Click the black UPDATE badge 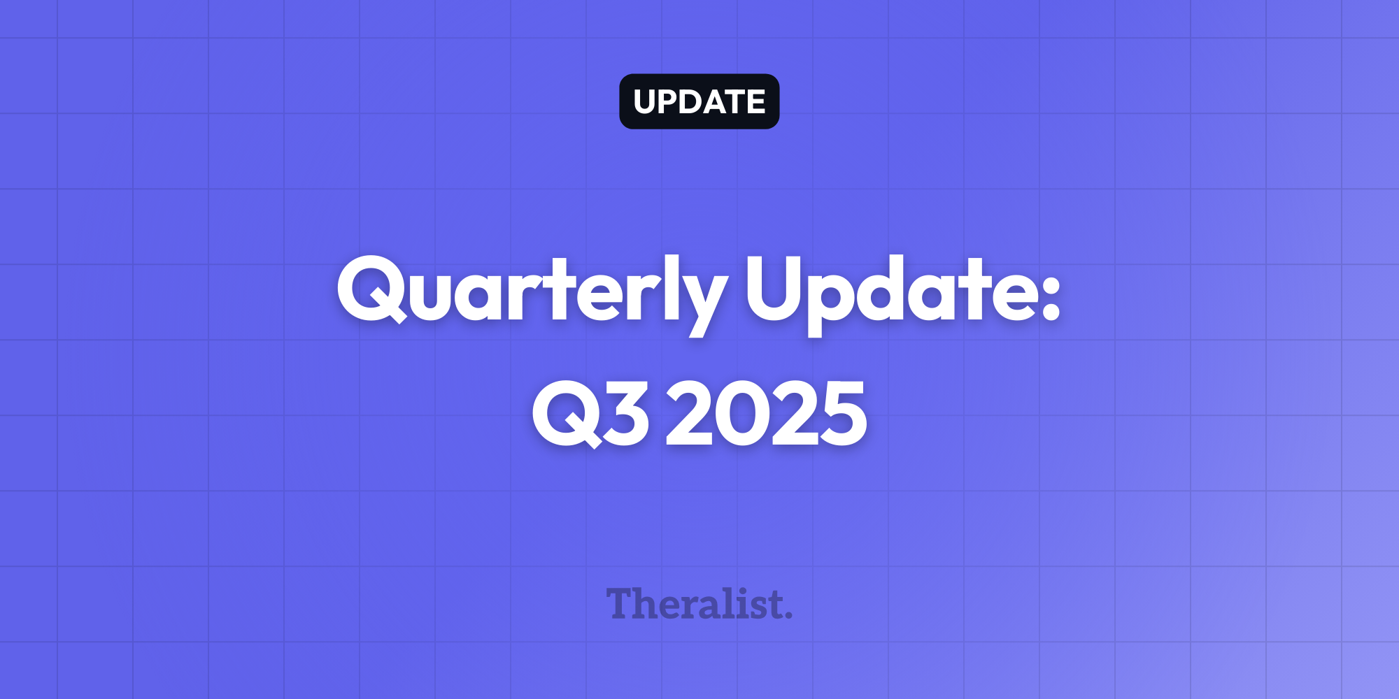pyautogui.click(x=699, y=101)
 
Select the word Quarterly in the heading pyautogui.click(x=532, y=294)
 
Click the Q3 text pyautogui.click(x=590, y=414)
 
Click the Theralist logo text pyautogui.click(x=699, y=604)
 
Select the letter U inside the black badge pyautogui.click(x=645, y=102)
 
